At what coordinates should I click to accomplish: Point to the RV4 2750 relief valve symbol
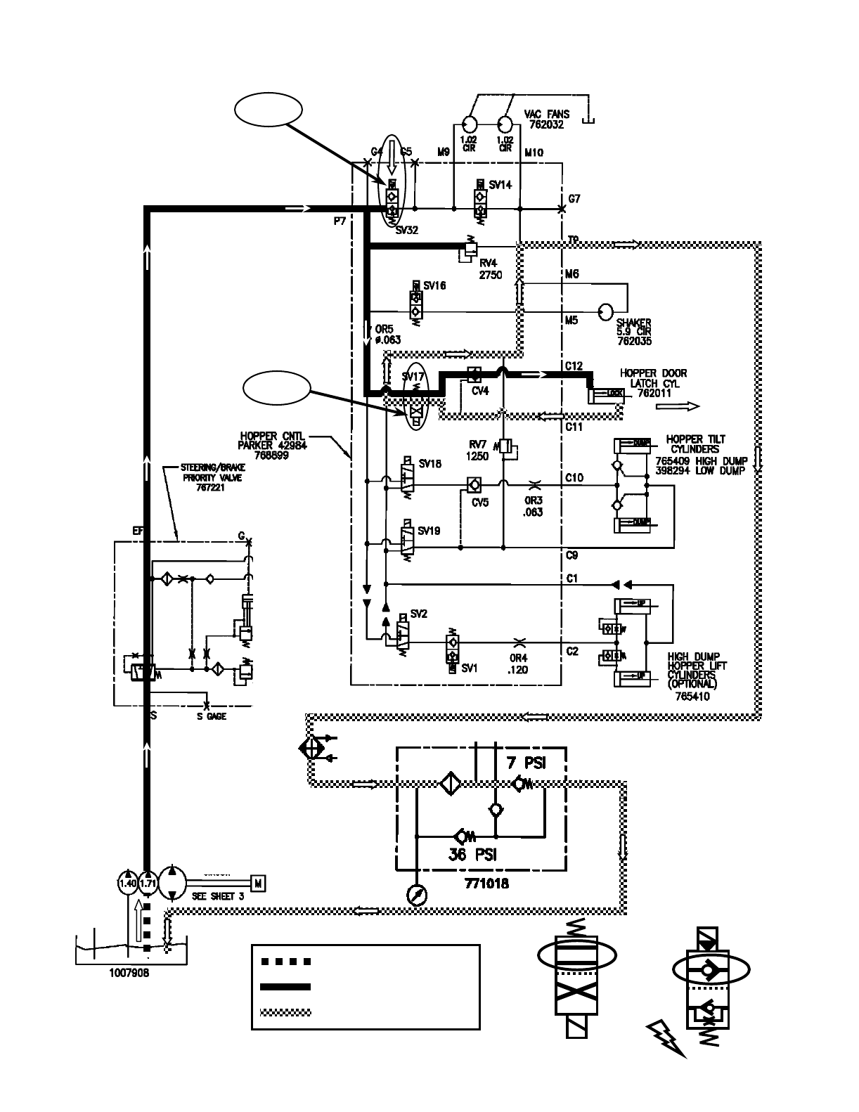pyautogui.click(x=468, y=251)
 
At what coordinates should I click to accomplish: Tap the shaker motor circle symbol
pyautogui.click(x=605, y=311)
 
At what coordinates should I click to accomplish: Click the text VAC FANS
pyautogui.click(x=547, y=115)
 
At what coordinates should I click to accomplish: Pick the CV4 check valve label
pyautogui.click(x=480, y=391)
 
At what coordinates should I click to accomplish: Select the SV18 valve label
pyautogui.click(x=430, y=464)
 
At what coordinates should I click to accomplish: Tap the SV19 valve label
pyautogui.click(x=428, y=531)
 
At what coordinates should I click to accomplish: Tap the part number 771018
pyautogui.click(x=487, y=884)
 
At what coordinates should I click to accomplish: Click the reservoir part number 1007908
pyautogui.click(x=129, y=974)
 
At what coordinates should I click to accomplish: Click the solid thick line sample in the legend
pyautogui.click(x=285, y=987)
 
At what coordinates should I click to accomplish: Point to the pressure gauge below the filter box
pyautogui.click(x=416, y=893)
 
